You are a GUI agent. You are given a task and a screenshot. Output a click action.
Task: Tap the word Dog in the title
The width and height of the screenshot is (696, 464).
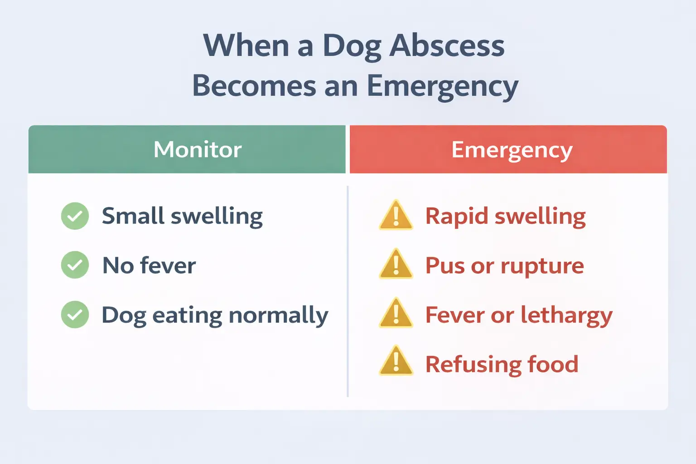(352, 47)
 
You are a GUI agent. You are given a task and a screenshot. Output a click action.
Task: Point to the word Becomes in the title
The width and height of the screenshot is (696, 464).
(254, 86)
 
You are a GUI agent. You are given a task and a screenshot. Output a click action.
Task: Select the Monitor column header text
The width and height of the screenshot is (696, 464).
(198, 150)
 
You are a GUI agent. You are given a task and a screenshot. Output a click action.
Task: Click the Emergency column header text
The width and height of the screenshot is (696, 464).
(512, 150)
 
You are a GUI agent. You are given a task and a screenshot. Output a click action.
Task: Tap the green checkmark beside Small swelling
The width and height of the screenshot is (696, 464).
(75, 216)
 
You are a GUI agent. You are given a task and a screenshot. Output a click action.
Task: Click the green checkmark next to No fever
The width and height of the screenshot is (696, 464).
(75, 265)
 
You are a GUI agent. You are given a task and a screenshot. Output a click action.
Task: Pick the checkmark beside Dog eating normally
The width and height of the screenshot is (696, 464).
(75, 314)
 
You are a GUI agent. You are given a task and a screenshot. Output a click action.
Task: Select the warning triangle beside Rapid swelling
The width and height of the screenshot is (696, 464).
(396, 216)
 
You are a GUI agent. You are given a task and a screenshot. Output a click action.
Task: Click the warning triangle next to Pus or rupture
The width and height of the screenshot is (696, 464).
(396, 265)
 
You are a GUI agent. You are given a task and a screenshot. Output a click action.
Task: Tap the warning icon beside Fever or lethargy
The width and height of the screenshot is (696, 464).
(396, 314)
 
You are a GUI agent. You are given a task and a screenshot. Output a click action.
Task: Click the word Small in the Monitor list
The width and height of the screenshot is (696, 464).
(133, 216)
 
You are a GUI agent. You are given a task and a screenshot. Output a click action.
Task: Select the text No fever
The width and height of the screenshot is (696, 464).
(149, 266)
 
